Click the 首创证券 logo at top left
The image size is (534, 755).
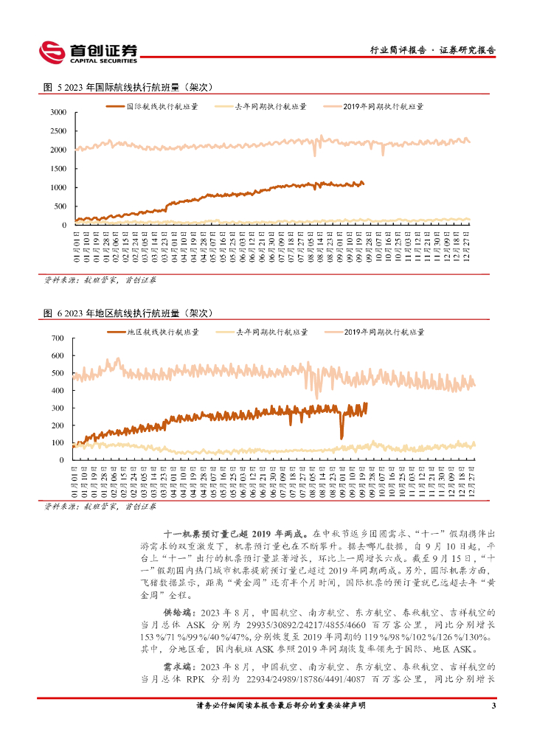pyautogui.click(x=88, y=52)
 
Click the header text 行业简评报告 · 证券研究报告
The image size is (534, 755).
pyautogui.click(x=431, y=51)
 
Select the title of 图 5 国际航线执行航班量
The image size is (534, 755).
pyautogui.click(x=128, y=87)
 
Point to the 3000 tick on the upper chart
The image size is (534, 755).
pyautogui.click(x=58, y=112)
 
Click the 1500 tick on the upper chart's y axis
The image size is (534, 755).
pyautogui.click(x=58, y=169)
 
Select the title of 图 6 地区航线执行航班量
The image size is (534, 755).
pyautogui.click(x=128, y=313)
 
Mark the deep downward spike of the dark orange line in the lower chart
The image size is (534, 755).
pyautogui.click(x=341, y=436)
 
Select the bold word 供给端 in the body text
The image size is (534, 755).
pyautogui.click(x=177, y=612)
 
